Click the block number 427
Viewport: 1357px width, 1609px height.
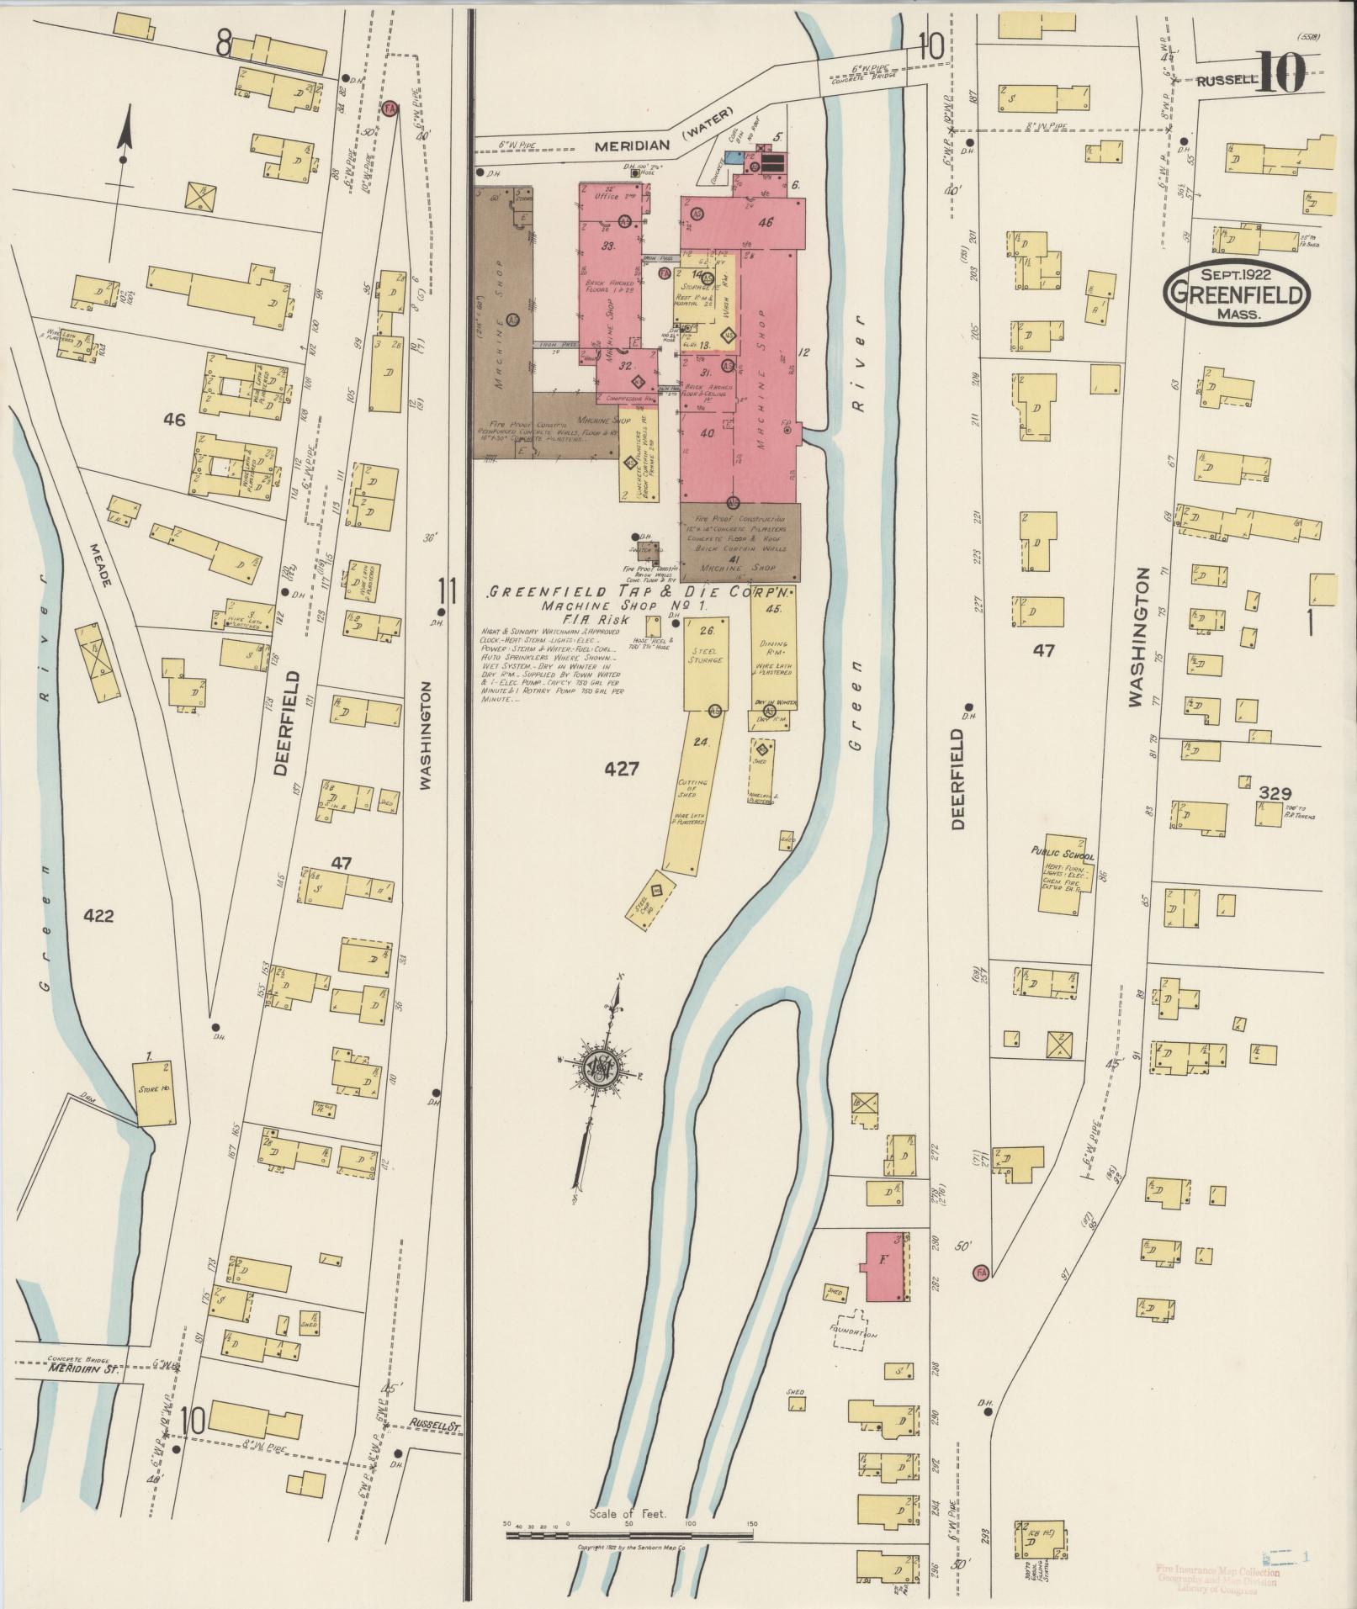coord(622,768)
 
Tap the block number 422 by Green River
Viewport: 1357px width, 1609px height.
coord(98,916)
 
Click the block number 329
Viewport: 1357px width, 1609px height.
coord(1275,792)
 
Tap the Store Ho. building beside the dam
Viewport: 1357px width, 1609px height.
coord(154,1093)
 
